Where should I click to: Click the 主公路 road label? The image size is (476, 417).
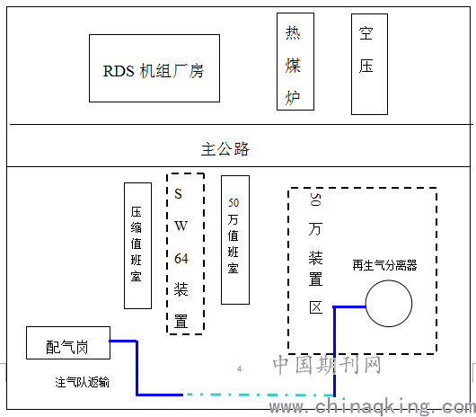225,149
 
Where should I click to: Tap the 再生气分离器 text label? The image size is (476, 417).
384,265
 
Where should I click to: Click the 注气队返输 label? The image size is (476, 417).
82,382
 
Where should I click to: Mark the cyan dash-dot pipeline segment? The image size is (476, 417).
259,395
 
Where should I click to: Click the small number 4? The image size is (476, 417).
239,369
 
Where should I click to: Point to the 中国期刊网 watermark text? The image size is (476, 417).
327,365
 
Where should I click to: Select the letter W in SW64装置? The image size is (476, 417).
181,226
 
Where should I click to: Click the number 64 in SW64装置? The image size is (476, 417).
181,259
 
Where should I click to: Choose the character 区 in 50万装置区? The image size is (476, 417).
316,307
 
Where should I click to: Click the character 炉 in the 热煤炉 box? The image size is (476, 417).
293,97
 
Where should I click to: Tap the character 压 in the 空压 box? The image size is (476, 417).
366,66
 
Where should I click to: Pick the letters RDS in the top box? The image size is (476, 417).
119,71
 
